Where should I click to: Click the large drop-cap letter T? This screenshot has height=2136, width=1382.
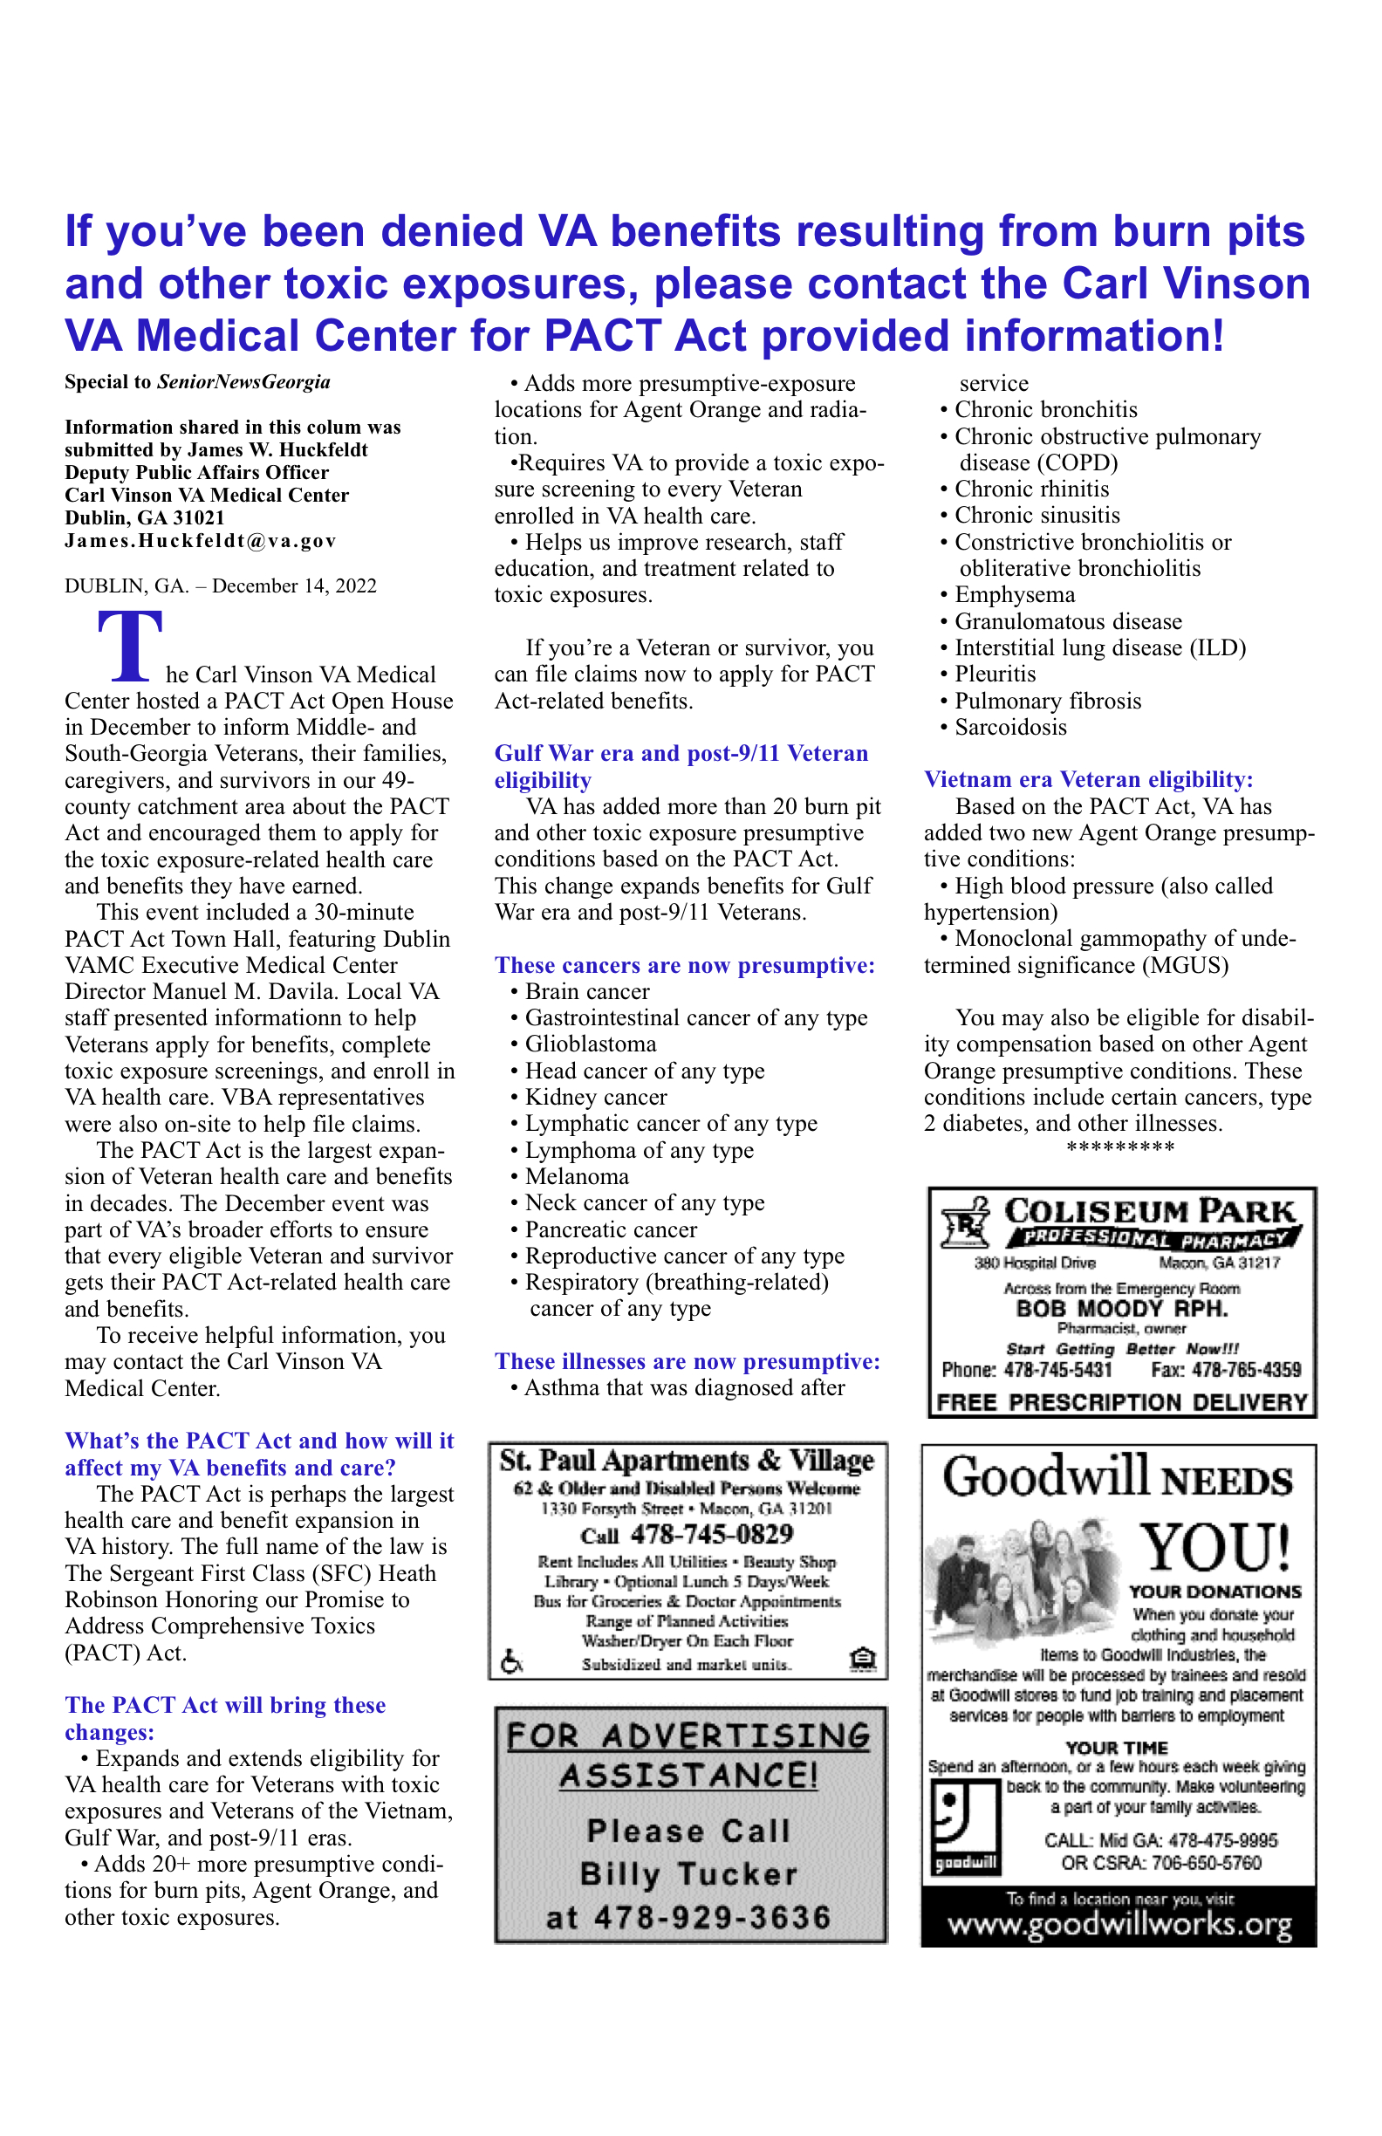(x=130, y=645)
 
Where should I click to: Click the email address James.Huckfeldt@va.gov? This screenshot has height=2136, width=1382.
(x=200, y=540)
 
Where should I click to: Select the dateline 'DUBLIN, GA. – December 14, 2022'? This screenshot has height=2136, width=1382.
(x=220, y=586)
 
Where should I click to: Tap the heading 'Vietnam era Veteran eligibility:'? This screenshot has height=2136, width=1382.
(x=1088, y=779)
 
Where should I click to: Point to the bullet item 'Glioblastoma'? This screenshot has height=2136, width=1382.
(x=590, y=1044)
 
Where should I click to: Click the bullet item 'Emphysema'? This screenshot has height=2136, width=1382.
(x=1014, y=595)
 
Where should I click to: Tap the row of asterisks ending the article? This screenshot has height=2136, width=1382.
(x=1119, y=1148)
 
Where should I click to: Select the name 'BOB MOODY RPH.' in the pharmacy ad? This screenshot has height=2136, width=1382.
(x=1121, y=1309)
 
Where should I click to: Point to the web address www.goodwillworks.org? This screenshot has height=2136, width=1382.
(x=1119, y=1926)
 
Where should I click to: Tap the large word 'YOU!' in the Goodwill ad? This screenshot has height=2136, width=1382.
(x=1215, y=1545)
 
